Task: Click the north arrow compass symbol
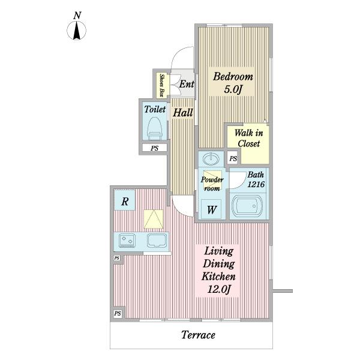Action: [x=76, y=30]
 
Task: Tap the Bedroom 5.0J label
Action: [x=233, y=83]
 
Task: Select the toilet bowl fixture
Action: [x=154, y=128]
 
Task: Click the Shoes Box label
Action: [x=163, y=85]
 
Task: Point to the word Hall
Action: [x=182, y=113]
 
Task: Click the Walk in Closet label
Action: [x=248, y=138]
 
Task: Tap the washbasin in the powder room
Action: [x=211, y=158]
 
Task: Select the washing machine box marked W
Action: [x=211, y=209]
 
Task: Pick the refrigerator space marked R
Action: [x=125, y=200]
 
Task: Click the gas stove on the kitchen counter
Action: [x=127, y=241]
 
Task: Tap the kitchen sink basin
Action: [x=157, y=241]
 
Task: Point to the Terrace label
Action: [x=198, y=335]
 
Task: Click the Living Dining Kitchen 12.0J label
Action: [x=218, y=270]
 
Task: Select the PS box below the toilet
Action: [x=155, y=148]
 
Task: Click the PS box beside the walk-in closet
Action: [x=233, y=158]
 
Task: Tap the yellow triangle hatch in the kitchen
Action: [x=154, y=219]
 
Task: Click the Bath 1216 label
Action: [x=256, y=179]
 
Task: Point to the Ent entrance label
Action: [x=187, y=84]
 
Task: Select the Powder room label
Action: [x=212, y=184]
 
